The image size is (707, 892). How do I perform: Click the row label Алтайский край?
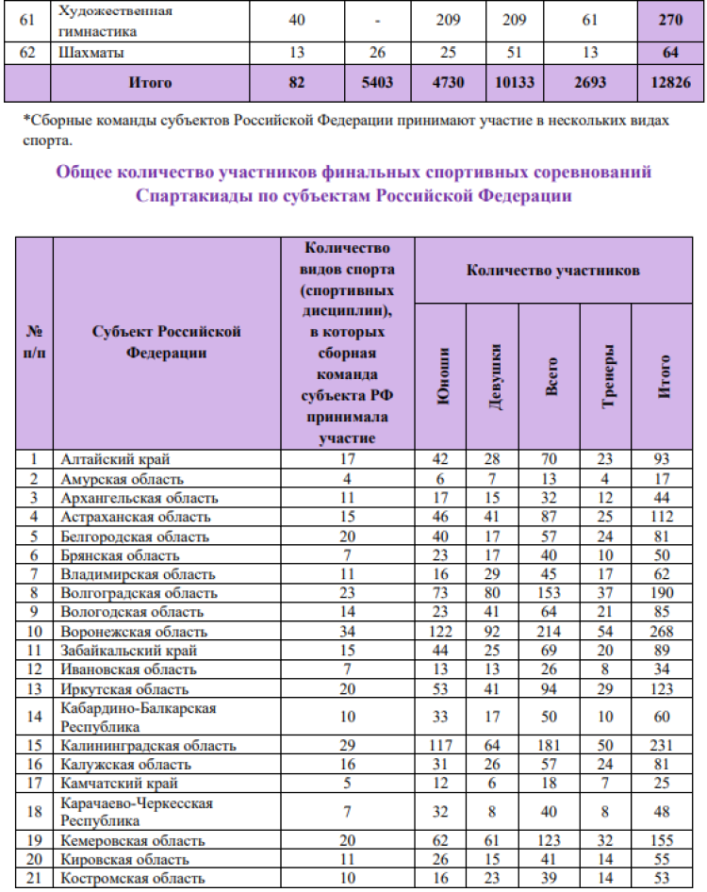tap(116, 459)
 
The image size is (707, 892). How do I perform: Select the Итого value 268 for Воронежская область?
tap(665, 631)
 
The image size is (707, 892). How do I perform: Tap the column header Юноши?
tap(439, 376)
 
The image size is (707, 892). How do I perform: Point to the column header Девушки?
tap(492, 376)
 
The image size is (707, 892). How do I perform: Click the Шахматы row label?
tap(91, 53)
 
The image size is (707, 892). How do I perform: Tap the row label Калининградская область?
tap(148, 745)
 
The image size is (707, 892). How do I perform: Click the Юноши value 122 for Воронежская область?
tap(439, 631)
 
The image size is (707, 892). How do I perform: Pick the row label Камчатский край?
tap(120, 783)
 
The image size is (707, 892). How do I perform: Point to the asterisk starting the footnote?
tap(25, 122)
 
